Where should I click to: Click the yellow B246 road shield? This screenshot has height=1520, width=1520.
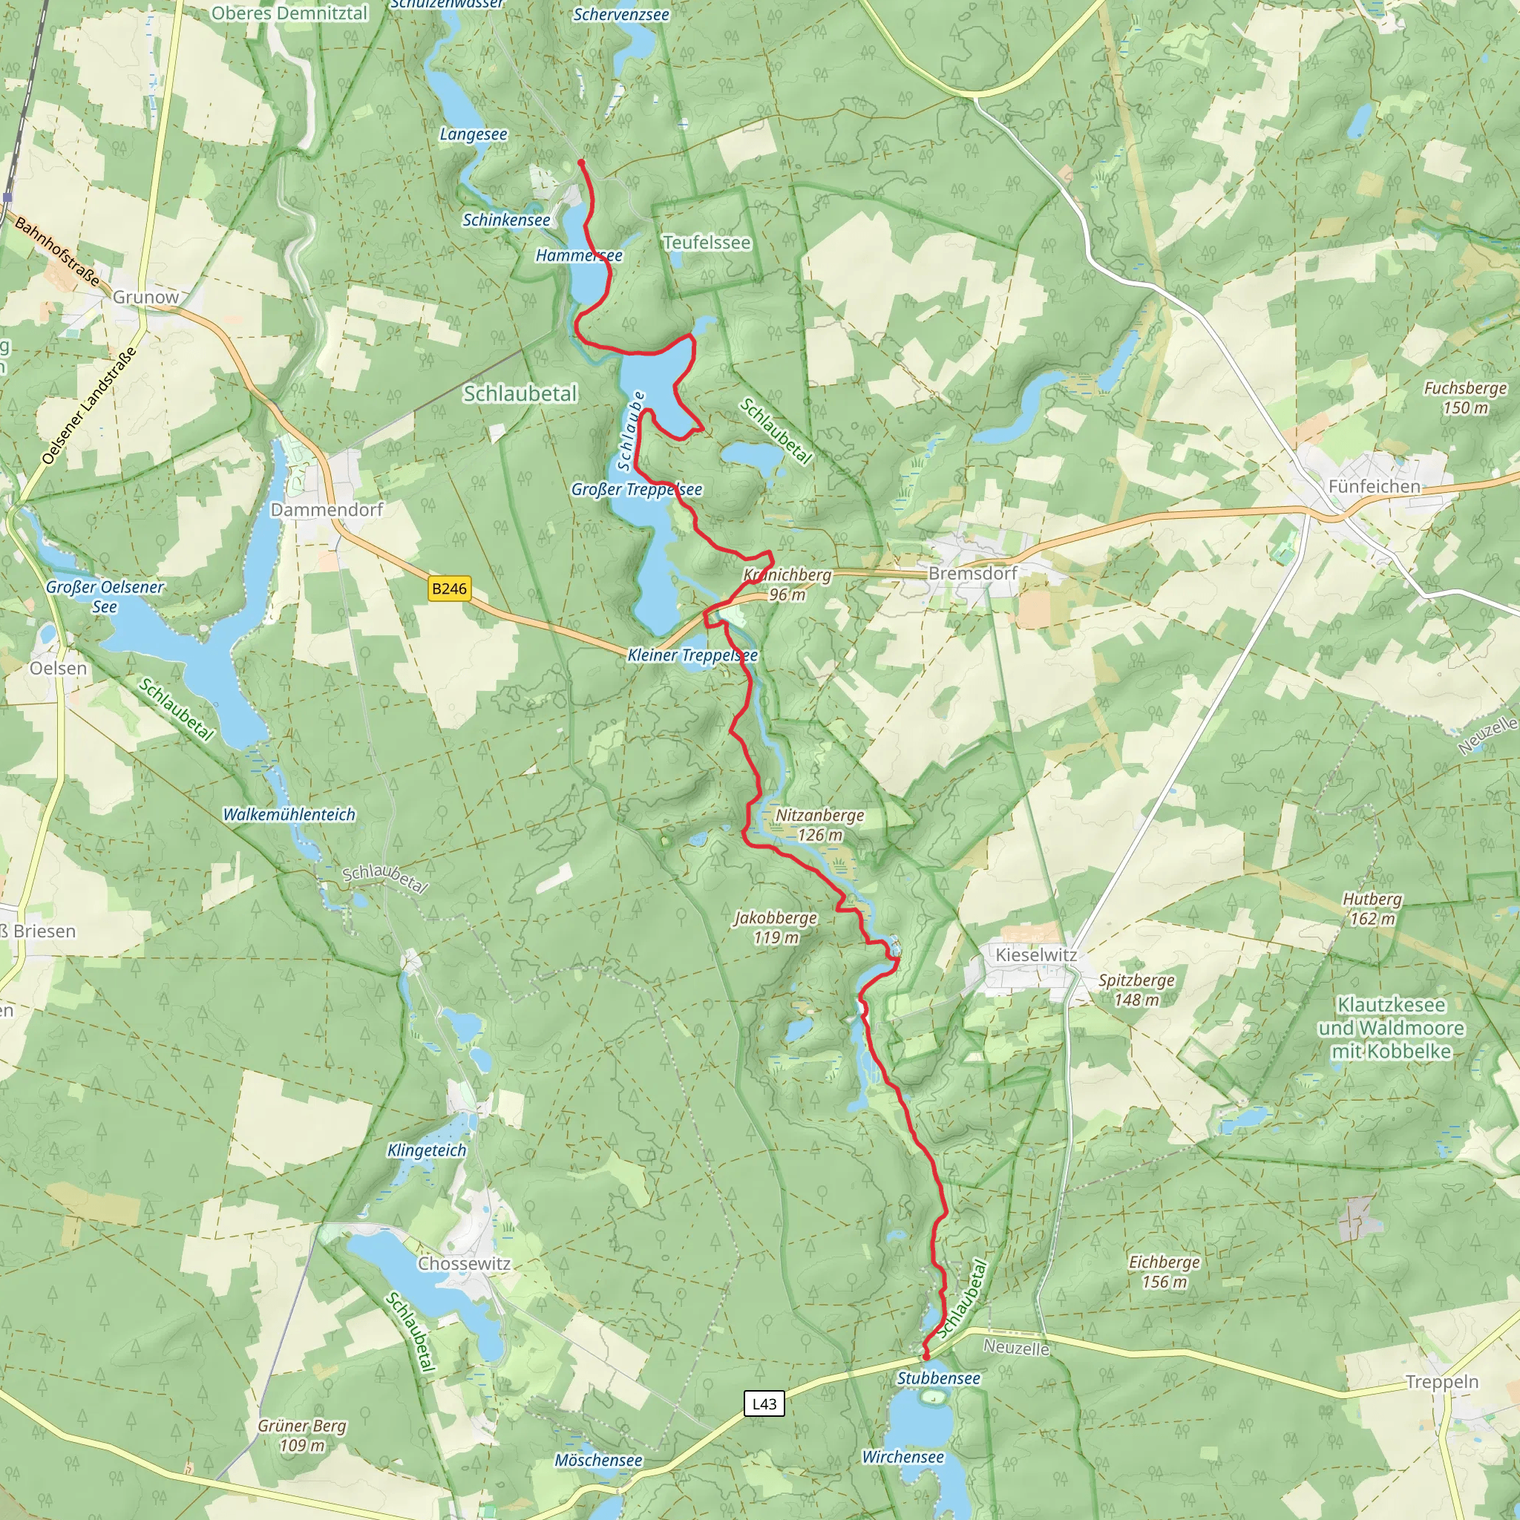pos(449,589)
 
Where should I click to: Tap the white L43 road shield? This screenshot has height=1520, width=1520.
pos(764,1403)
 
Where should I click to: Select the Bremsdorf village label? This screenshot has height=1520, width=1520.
pos(972,573)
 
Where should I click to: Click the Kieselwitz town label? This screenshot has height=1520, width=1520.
pos(1036,954)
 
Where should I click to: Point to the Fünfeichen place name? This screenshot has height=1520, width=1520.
pos(1374,486)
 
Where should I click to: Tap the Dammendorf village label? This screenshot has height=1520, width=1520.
pos(327,509)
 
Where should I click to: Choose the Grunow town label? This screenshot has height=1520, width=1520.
pos(145,297)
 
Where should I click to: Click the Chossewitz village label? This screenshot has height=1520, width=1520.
pos(464,1263)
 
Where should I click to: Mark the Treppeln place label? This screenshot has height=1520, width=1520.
pos(1442,1382)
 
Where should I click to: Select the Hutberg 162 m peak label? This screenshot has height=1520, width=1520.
pos(1372,908)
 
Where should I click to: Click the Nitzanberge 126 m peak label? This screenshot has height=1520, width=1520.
pos(820,825)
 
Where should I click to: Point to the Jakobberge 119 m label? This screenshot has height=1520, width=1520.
pos(776,927)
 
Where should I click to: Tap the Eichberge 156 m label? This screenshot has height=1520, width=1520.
pos(1164,1271)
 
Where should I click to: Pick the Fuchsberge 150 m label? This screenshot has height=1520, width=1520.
pos(1465,397)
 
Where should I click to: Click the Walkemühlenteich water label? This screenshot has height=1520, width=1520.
pos(289,814)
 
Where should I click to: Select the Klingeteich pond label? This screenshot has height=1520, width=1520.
pos(427,1150)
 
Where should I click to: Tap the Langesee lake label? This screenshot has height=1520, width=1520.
pos(473,134)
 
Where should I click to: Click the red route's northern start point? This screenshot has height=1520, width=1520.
pos(581,163)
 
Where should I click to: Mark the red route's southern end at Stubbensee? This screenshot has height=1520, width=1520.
pos(926,1357)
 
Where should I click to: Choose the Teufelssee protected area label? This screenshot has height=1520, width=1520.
pos(707,242)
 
